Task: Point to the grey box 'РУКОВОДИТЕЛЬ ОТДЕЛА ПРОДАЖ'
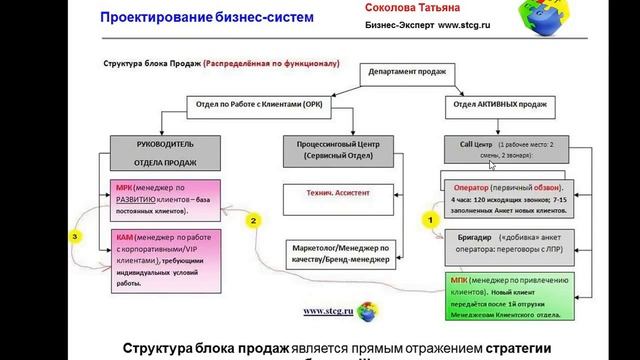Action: [165, 153]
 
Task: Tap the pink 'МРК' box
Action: [165, 196]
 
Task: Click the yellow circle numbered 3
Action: [74, 236]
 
